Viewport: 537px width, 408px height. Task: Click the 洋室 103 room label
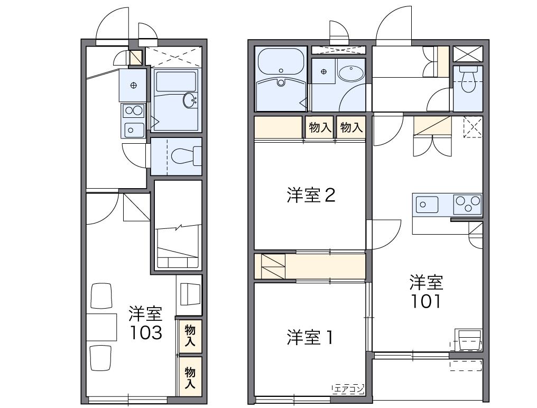pyautogui.click(x=145, y=323)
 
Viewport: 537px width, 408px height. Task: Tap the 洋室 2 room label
pyautogui.click(x=310, y=196)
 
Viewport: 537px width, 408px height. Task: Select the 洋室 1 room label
pyautogui.click(x=310, y=337)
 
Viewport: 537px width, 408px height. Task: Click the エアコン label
pyautogui.click(x=348, y=390)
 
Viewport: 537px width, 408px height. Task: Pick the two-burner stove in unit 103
pyautogui.click(x=133, y=110)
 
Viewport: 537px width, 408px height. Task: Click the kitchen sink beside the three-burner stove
pyautogui.click(x=426, y=204)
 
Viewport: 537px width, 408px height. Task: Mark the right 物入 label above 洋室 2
pyautogui.click(x=351, y=127)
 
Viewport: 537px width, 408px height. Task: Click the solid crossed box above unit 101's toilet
pyautogui.click(x=468, y=54)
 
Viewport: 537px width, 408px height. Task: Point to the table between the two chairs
pyautogui.click(x=101, y=327)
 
